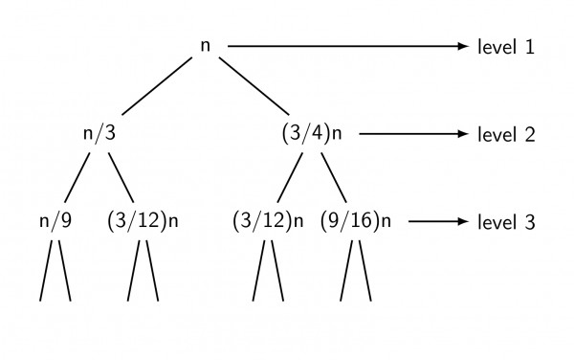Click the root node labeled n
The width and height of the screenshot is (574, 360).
click(x=206, y=46)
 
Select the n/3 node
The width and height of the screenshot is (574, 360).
click(x=99, y=134)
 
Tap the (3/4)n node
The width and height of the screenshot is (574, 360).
click(x=312, y=134)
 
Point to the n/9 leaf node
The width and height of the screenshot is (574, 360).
click(x=55, y=220)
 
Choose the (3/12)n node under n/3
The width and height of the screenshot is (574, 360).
click(x=143, y=220)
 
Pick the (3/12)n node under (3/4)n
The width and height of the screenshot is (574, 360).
click(x=268, y=220)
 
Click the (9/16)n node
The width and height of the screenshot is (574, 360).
click(x=356, y=220)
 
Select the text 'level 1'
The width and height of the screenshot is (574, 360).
click(x=505, y=46)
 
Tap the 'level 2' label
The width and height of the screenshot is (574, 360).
click(x=505, y=134)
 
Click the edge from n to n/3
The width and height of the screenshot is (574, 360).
click(x=152, y=90)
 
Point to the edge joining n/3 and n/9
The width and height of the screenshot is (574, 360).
click(x=77, y=177)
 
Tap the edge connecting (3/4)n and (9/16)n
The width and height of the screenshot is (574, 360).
click(x=333, y=177)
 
